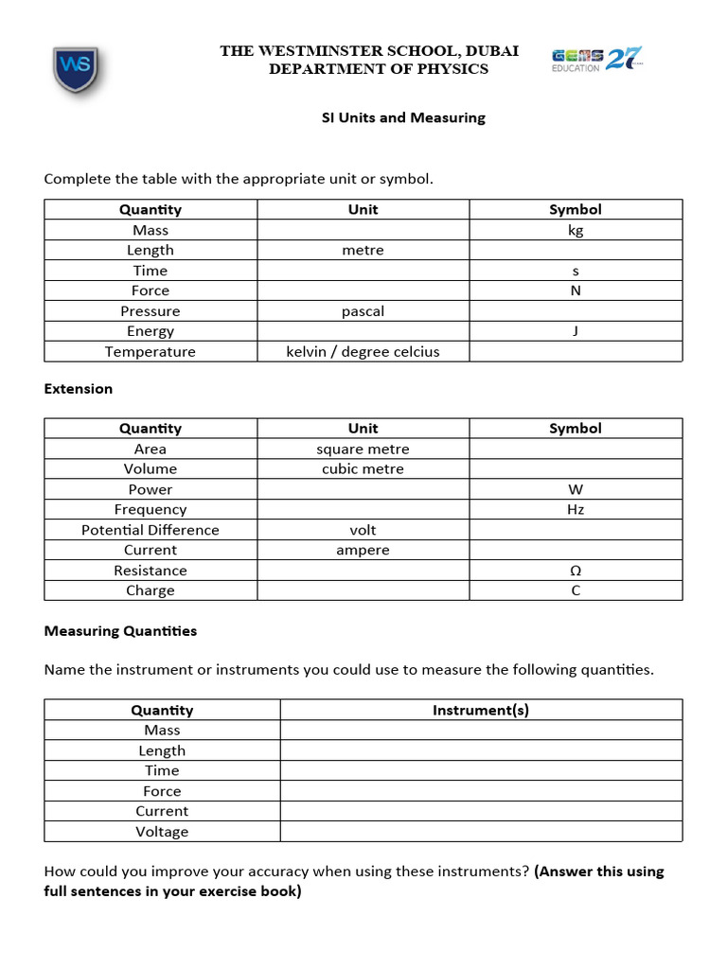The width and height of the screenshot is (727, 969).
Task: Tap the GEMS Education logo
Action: click(596, 61)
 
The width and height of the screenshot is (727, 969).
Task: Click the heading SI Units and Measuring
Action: click(399, 118)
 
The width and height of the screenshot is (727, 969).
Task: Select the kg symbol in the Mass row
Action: click(576, 230)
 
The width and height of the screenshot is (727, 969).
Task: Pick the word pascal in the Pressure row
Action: click(363, 311)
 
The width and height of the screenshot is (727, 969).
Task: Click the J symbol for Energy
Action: click(576, 331)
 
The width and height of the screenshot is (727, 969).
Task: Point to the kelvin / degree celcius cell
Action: click(363, 352)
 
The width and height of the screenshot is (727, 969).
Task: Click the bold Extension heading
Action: click(79, 389)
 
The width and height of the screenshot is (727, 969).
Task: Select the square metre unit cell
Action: click(363, 449)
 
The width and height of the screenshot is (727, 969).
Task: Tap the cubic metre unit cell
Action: click(363, 469)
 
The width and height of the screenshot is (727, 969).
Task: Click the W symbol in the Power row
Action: click(576, 490)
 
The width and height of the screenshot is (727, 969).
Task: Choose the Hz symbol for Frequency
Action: click(576, 510)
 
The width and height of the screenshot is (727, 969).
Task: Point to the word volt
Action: click(363, 531)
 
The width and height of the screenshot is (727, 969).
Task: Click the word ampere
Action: click(363, 551)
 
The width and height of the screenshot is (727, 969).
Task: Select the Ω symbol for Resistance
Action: click(576, 571)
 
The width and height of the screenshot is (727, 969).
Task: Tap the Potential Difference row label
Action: click(150, 531)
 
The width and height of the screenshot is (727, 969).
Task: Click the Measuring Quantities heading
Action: click(120, 631)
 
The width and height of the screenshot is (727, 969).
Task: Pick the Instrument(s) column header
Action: click(481, 710)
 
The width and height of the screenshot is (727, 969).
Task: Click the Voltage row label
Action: click(162, 832)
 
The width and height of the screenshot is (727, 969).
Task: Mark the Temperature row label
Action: click(150, 352)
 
